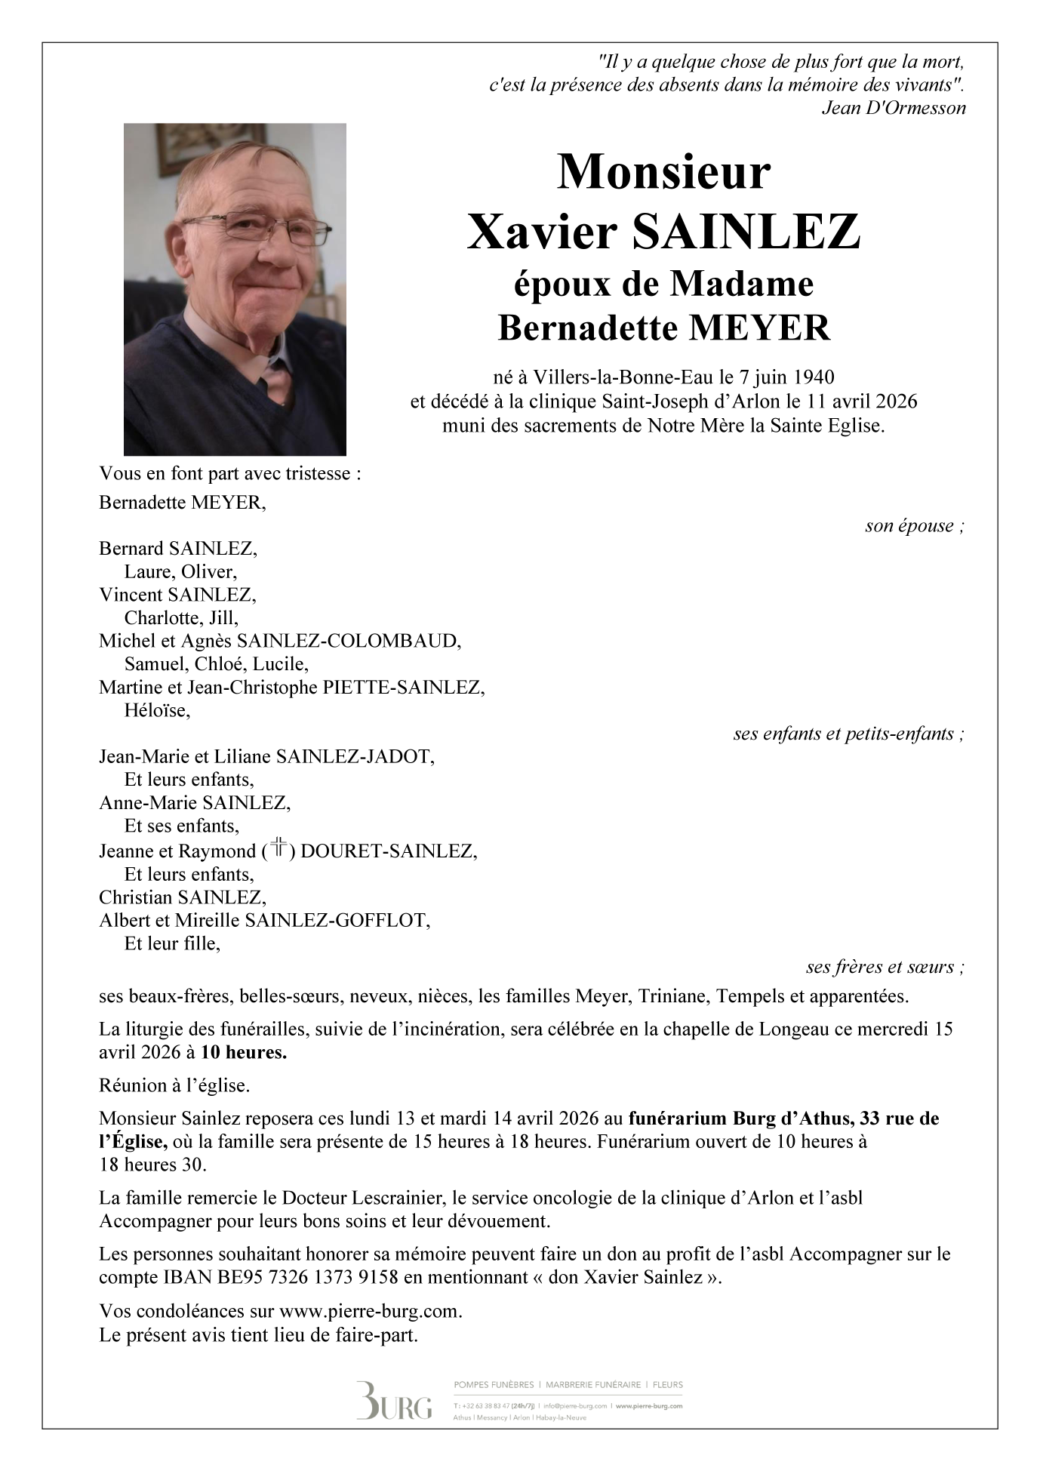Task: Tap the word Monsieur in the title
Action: coord(663,173)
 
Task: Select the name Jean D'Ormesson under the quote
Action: coord(894,108)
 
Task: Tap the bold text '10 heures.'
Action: coord(244,1052)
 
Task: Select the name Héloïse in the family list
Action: coord(157,710)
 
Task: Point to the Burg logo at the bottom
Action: coord(394,1402)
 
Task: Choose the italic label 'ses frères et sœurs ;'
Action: coord(885,967)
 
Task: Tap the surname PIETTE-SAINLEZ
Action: coord(403,688)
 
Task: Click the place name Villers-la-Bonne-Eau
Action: coord(623,376)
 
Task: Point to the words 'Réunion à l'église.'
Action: coord(174,1085)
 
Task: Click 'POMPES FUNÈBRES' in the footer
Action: coord(494,1385)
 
